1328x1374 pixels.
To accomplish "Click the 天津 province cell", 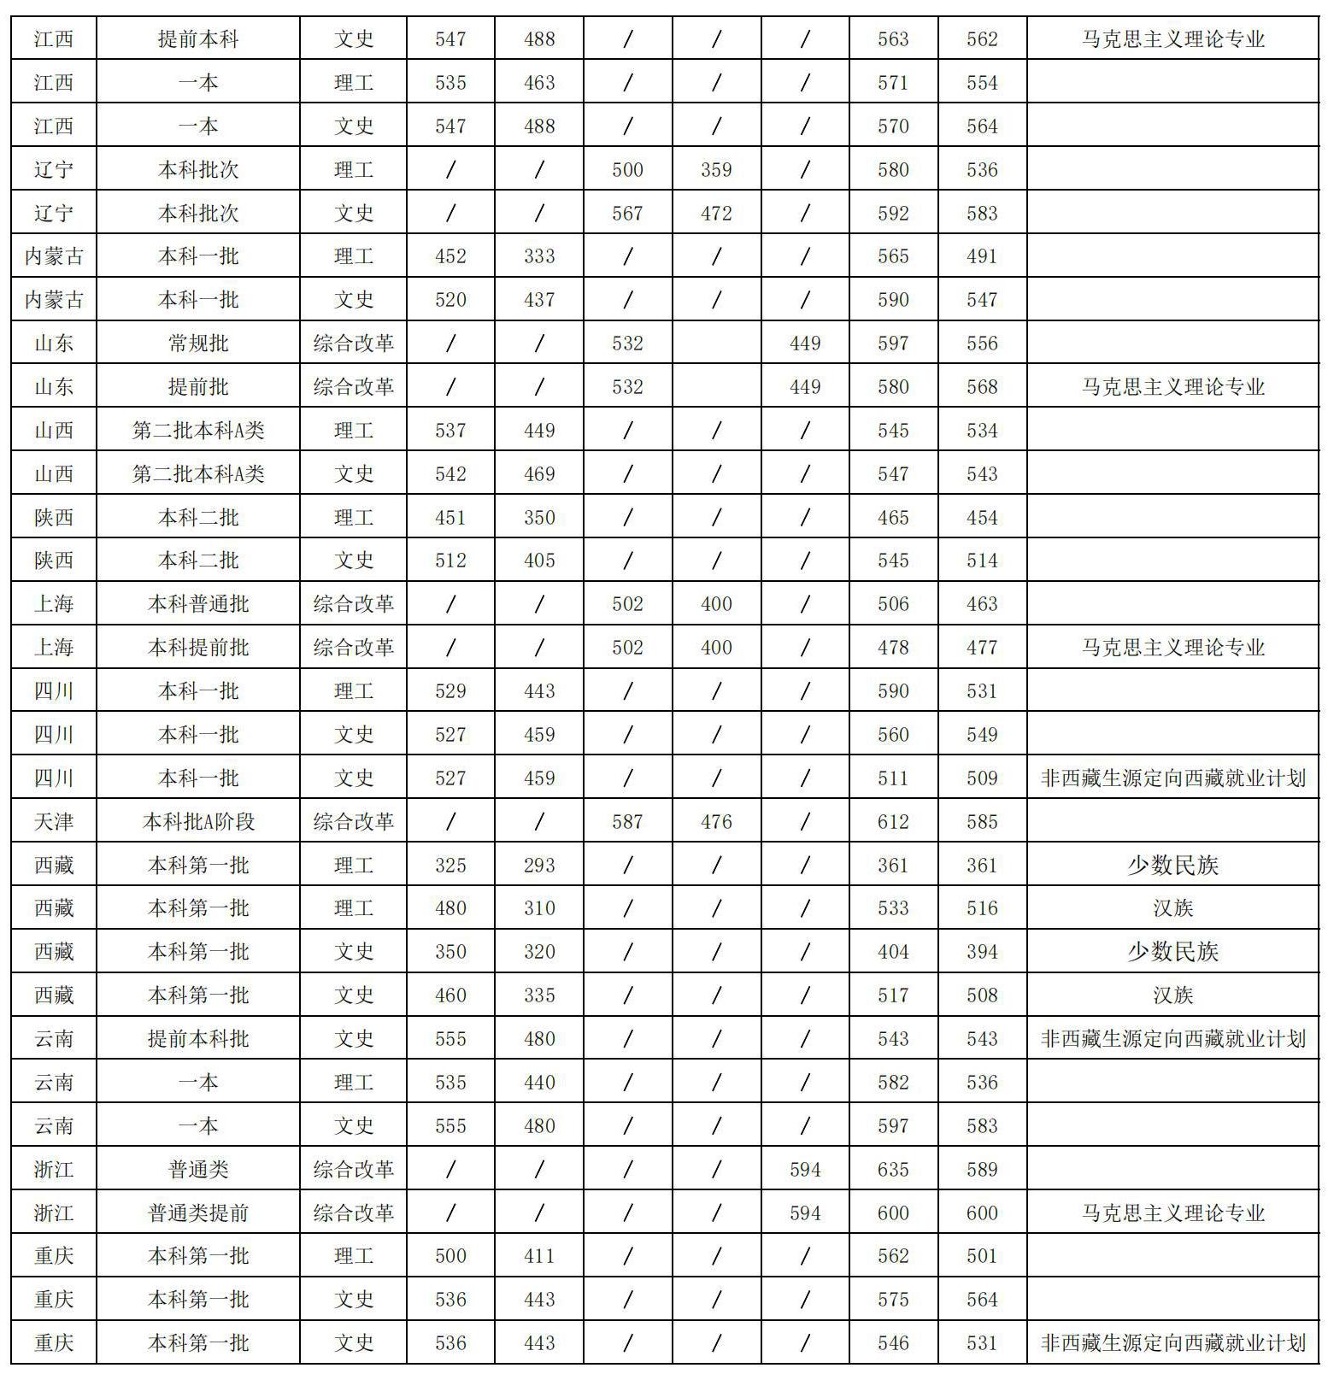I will (53, 822).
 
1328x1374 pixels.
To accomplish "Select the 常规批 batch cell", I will (198, 343).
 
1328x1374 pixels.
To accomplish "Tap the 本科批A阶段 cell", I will (198, 822).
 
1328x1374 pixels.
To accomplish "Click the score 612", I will (893, 822).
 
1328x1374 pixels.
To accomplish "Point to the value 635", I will (893, 1170).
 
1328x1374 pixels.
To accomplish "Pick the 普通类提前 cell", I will (198, 1213).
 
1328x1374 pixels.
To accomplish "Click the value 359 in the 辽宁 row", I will (716, 170).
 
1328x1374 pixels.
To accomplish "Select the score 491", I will (982, 256).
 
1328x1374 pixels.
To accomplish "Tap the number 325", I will (450, 866).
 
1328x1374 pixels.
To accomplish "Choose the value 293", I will (539, 866).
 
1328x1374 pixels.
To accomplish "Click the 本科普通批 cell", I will (198, 604).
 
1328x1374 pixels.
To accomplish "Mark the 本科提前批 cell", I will (198, 648).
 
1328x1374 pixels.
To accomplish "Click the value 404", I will (893, 952).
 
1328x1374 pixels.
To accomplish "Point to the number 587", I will (627, 822).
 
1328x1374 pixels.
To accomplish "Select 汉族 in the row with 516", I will (1172, 908).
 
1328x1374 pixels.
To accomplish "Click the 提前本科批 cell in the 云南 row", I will (198, 1039).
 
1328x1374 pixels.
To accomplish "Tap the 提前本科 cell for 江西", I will (198, 39).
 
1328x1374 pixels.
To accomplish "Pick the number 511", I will (893, 778).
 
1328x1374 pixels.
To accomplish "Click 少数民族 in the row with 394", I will (1172, 952).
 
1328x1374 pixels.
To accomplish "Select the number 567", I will (627, 214).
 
